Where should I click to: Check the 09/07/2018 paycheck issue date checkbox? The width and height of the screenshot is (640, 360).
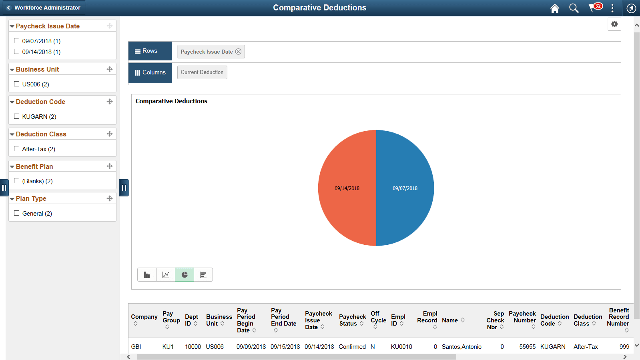tap(17, 41)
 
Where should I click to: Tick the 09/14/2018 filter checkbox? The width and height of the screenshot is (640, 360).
tap(17, 52)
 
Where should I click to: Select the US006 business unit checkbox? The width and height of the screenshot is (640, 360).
tap(17, 84)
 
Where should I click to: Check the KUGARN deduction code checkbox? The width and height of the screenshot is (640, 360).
tap(17, 116)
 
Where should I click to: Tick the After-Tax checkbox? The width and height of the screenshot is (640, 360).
tap(17, 149)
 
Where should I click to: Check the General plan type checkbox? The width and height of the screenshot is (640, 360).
tap(17, 213)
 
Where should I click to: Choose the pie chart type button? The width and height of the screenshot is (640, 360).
tap(185, 275)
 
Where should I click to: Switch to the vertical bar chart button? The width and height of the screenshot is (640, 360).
tap(147, 275)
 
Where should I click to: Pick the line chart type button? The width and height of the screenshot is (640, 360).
tap(166, 275)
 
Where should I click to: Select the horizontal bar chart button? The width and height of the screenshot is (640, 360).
tap(203, 275)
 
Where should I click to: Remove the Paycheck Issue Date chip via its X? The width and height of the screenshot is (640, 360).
tap(239, 52)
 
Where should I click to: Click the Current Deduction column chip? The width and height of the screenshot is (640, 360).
tap(202, 72)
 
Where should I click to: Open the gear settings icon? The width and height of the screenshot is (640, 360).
tap(614, 24)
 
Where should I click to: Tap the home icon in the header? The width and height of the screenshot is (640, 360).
tap(555, 8)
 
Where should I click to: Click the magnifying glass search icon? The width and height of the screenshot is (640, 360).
tap(574, 8)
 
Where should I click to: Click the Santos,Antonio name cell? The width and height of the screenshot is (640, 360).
tap(461, 347)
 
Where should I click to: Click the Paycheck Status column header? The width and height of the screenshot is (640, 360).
tap(352, 320)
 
